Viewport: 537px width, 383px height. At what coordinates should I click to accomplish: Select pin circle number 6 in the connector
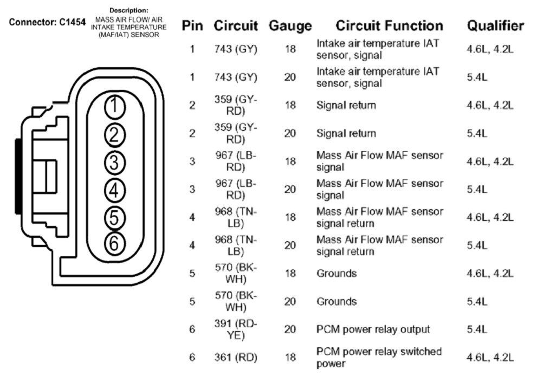pos(114,244)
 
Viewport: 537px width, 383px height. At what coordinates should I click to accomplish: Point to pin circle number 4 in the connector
pos(114,190)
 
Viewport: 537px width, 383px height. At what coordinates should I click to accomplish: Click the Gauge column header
pos(290,25)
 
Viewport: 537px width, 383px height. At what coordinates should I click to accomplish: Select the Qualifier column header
pos(495,25)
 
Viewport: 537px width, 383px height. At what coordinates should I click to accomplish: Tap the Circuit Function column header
pos(389,25)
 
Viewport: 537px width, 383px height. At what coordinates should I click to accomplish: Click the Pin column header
pos(192,25)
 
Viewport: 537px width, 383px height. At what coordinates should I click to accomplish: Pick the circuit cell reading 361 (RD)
pos(236,358)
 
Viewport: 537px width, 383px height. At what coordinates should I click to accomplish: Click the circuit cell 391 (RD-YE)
pos(236,329)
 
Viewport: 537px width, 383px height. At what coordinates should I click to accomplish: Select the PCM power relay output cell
pos(373,329)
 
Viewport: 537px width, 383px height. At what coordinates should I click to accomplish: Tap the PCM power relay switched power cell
pos(379,358)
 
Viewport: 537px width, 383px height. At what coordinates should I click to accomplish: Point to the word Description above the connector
pos(128,10)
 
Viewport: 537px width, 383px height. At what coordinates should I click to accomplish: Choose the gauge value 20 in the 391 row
pos(290,329)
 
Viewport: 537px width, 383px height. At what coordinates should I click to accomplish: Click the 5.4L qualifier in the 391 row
pos(477,329)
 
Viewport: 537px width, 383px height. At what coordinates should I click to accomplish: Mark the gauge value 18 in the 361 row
pos(290,358)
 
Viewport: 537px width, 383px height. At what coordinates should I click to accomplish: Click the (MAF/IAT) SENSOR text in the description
pos(128,35)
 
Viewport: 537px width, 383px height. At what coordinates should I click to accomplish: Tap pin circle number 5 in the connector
pos(114,217)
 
